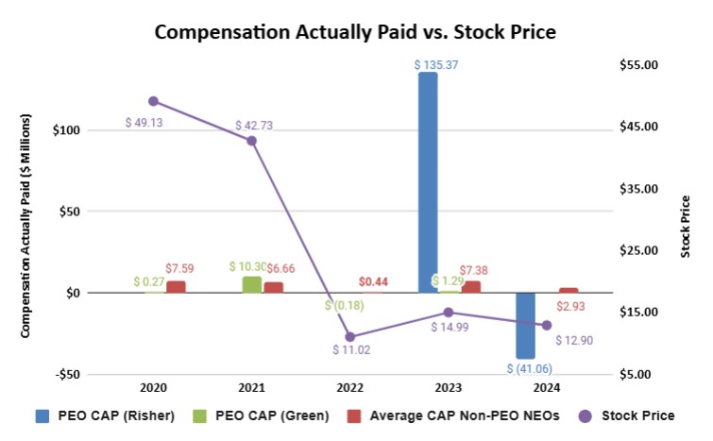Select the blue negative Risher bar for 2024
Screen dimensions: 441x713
click(x=526, y=325)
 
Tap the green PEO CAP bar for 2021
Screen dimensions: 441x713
click(x=252, y=283)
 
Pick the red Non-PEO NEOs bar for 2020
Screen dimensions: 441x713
click(x=176, y=286)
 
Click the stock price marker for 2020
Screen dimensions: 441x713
click(x=153, y=101)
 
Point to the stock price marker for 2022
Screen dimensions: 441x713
click(x=349, y=336)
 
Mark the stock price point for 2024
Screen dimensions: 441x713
click(x=546, y=325)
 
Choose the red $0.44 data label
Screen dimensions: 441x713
click(x=374, y=281)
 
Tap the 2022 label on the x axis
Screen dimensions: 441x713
click(x=349, y=387)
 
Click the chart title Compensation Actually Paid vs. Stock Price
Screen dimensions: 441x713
click(x=355, y=31)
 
